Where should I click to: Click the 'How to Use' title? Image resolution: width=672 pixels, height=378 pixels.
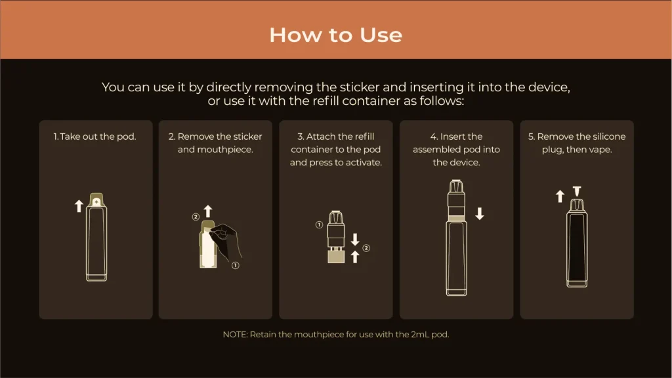click(335, 34)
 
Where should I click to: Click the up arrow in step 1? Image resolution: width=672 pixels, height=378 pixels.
click(79, 206)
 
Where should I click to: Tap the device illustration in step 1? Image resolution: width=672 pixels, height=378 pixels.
click(96, 240)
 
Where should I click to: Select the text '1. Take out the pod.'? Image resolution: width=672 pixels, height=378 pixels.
click(95, 136)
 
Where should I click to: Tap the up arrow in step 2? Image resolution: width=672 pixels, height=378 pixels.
click(208, 211)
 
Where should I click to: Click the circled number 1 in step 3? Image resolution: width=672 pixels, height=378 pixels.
click(319, 224)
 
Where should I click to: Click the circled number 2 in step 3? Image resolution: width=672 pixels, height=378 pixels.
click(366, 248)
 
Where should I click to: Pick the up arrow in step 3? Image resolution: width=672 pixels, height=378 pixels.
click(355, 257)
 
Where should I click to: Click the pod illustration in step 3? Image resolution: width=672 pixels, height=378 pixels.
click(336, 236)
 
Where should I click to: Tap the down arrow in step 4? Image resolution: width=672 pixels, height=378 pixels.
click(480, 213)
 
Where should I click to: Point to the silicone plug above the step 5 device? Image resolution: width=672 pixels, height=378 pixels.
click(577, 191)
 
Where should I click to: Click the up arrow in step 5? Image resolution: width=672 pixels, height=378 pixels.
click(560, 196)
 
